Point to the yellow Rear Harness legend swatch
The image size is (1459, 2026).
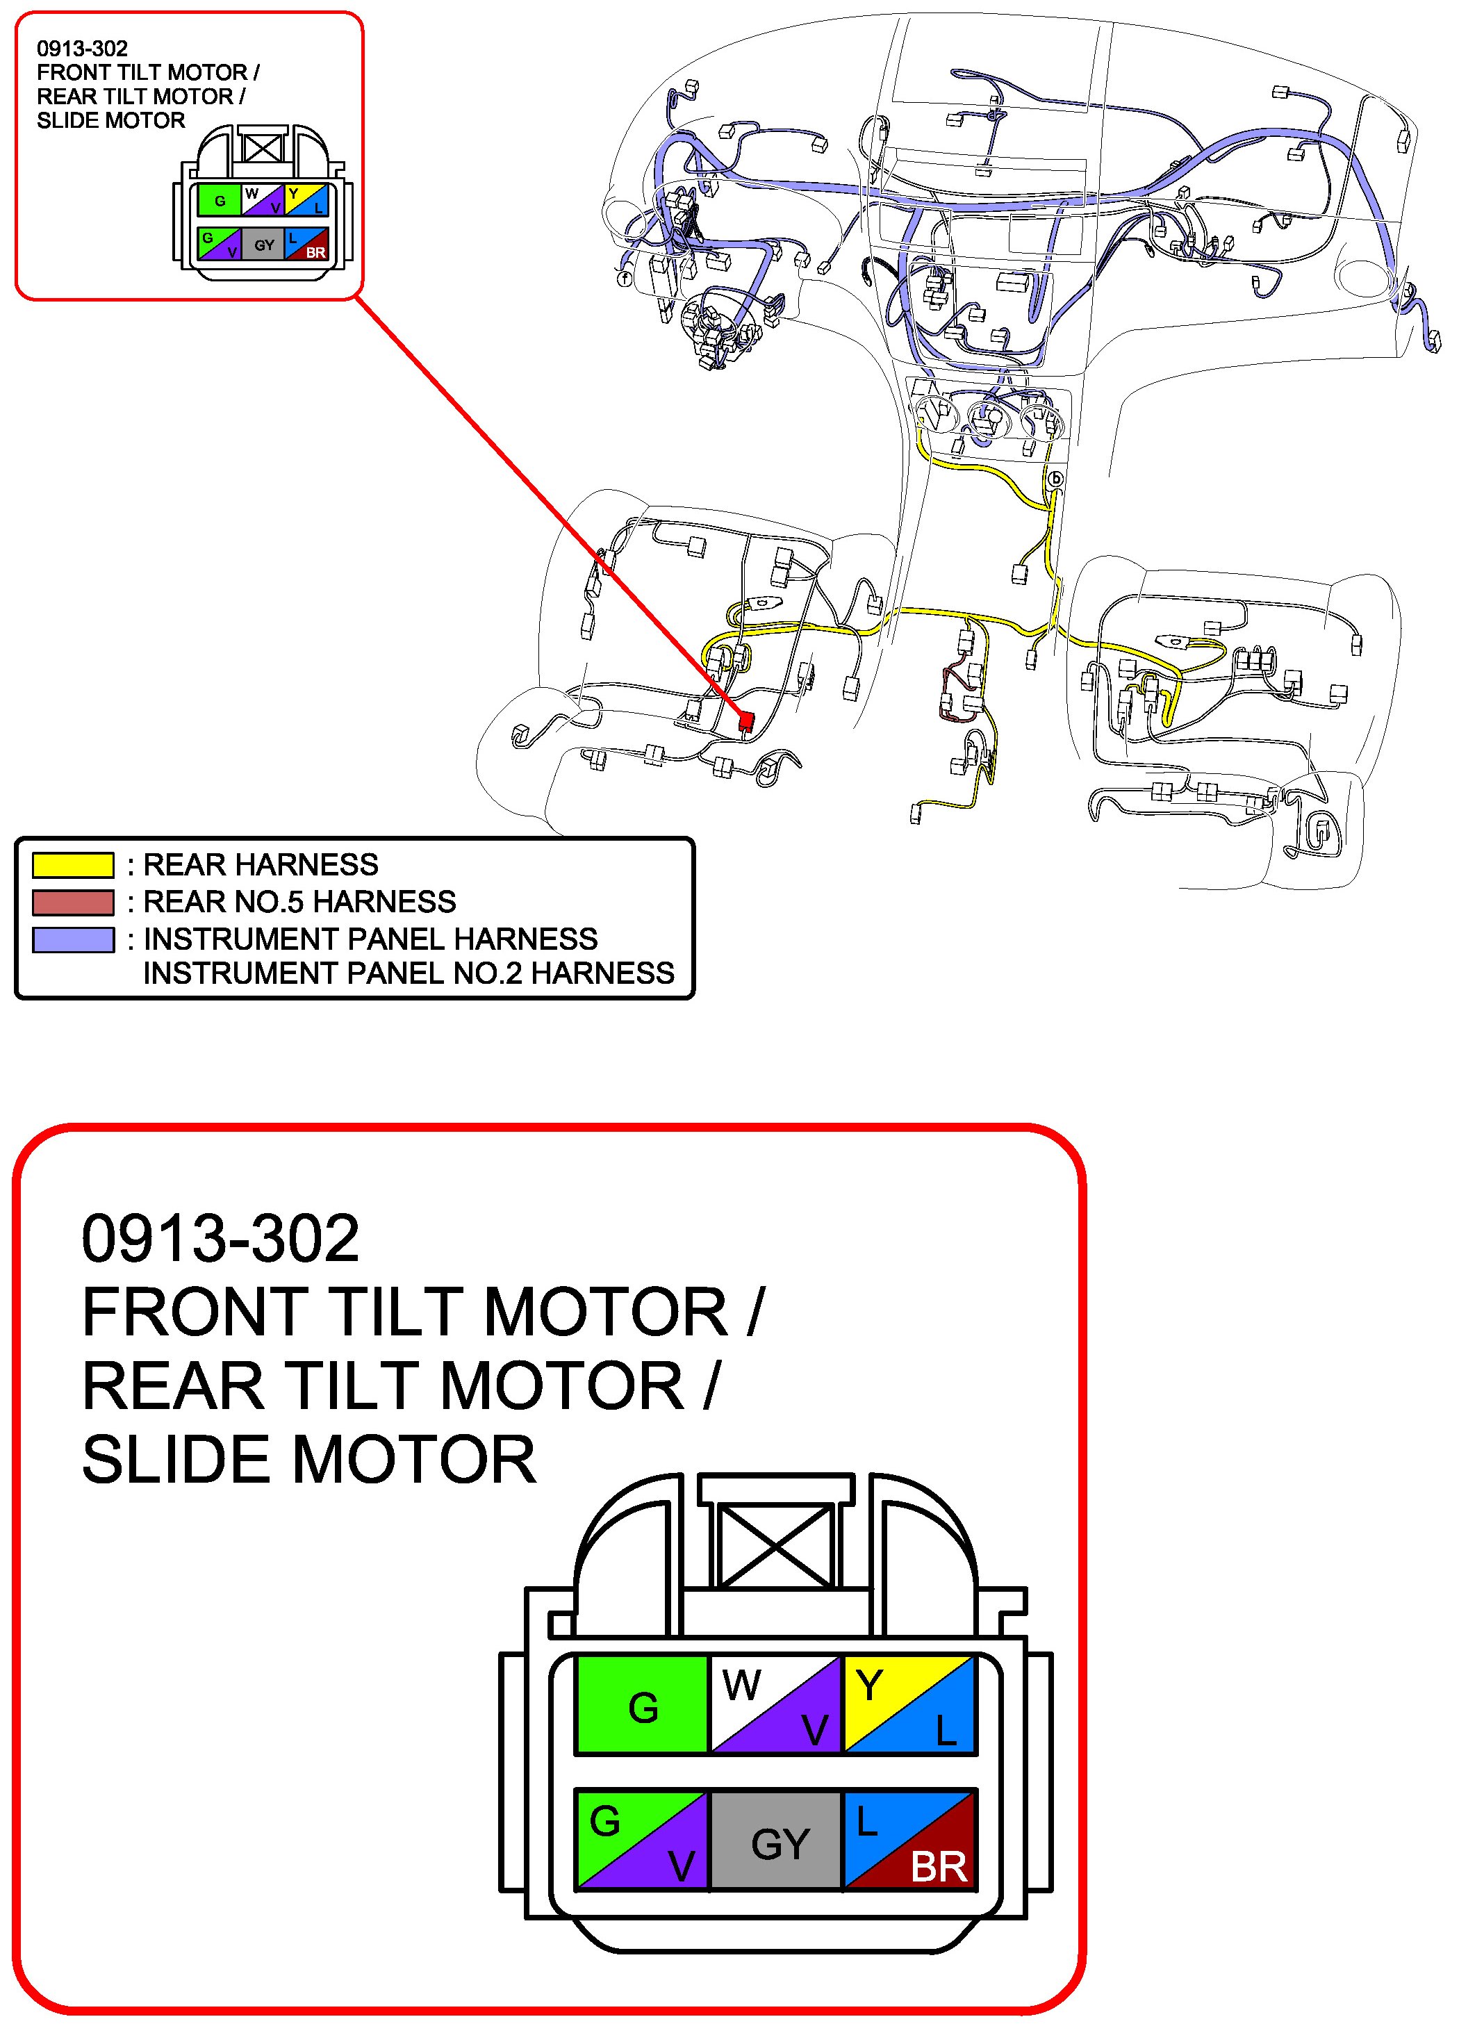coord(73,865)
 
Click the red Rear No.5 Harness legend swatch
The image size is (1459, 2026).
coord(73,903)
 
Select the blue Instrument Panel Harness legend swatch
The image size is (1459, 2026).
coord(73,940)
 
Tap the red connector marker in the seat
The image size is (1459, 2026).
coord(746,719)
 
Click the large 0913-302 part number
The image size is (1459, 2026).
coord(220,1239)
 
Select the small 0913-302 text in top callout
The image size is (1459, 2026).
coord(82,48)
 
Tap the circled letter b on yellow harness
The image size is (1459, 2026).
coord(1055,479)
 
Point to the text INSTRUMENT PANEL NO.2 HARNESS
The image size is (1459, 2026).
coord(409,973)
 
